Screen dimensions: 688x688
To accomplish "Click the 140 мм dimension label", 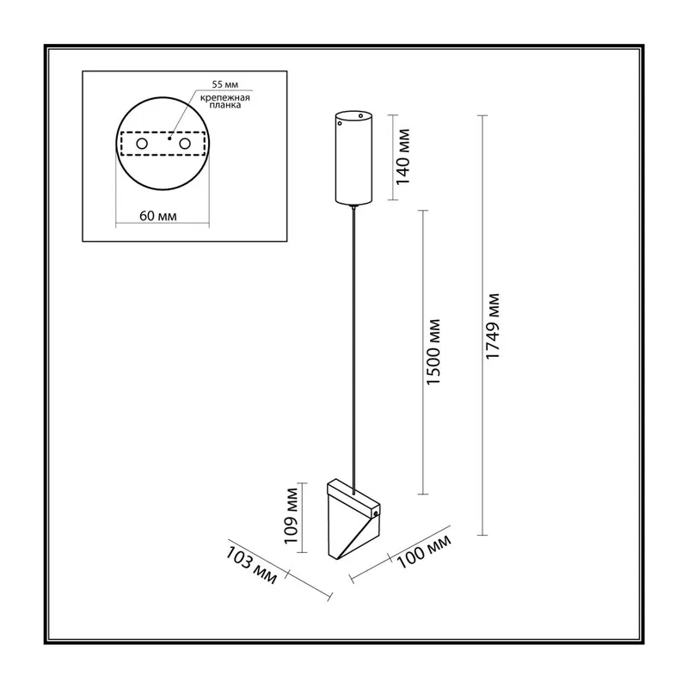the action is point(402,157).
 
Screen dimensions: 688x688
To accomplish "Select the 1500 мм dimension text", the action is point(433,353).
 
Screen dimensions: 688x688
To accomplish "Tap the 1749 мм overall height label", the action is point(493,327).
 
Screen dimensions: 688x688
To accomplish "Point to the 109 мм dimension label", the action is point(291,516).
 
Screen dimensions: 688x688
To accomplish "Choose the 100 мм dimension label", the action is point(424,551).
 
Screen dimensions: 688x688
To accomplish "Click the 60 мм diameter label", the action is point(158,216).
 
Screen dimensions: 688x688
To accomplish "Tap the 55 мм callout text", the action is point(224,84).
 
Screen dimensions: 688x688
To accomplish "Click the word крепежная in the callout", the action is point(225,97).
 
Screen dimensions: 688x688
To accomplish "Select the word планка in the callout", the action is point(225,105).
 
